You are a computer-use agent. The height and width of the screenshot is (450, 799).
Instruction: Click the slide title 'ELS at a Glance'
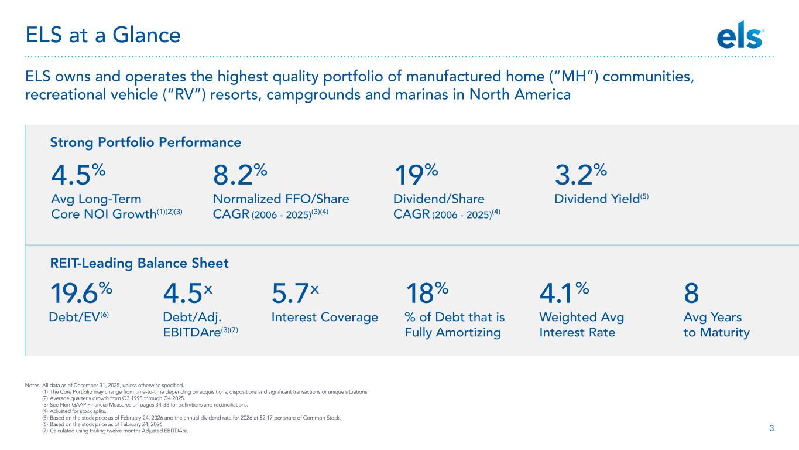(102, 36)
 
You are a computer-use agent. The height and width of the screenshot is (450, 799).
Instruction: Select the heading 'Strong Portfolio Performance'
(146, 142)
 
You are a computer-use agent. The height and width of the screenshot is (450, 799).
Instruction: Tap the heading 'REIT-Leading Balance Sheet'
(139, 264)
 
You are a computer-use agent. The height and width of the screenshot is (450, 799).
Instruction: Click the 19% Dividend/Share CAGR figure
(415, 175)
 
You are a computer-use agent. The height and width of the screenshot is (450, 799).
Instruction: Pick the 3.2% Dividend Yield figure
(579, 175)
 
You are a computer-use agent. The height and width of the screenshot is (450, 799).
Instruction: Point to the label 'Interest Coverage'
(325, 318)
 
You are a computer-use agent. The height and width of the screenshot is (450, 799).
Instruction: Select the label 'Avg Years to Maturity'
(716, 325)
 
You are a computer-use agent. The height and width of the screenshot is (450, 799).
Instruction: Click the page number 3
(771, 428)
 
